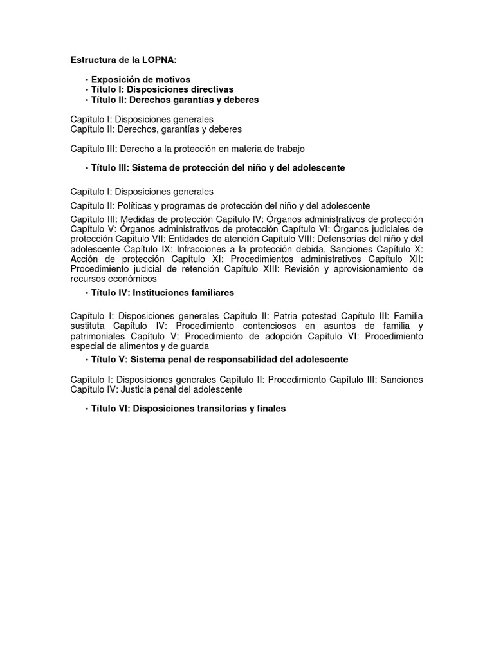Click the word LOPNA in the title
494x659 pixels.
(159, 60)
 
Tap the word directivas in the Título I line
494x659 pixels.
(209, 89)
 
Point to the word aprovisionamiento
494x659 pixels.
(365, 268)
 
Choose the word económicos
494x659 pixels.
(131, 279)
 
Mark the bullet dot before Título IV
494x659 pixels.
(86, 293)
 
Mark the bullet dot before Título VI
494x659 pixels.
(86, 409)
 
